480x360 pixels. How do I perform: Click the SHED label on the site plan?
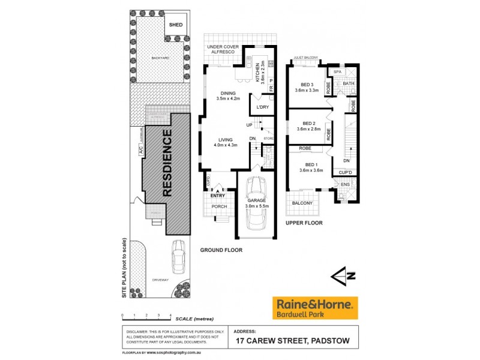point(176,25)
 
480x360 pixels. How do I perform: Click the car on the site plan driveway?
point(178,256)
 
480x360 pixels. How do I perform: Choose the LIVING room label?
point(226,140)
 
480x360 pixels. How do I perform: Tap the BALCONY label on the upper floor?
point(302,203)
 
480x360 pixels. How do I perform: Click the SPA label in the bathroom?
point(337,71)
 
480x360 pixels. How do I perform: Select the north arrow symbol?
point(343,276)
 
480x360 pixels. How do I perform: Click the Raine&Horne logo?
point(315,307)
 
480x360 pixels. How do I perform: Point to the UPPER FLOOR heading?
point(304,223)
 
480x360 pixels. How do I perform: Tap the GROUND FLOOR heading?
point(221,250)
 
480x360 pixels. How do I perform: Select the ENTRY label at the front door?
point(217,195)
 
